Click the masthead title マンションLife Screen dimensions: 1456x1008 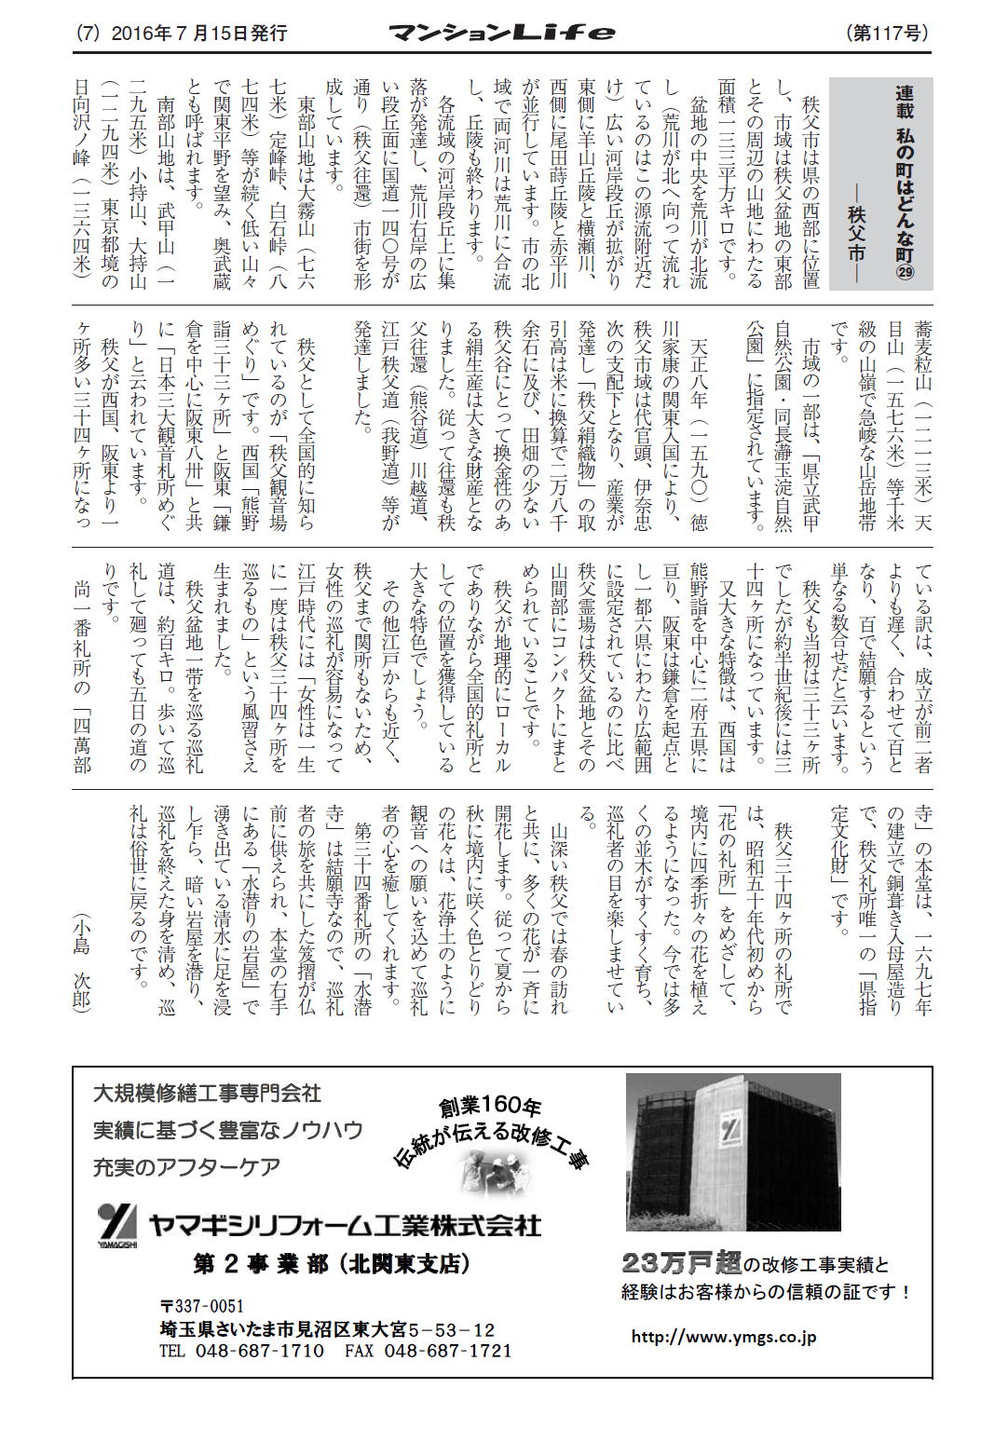pyautogui.click(x=502, y=34)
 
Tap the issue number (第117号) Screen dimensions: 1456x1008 pyautogui.click(x=888, y=34)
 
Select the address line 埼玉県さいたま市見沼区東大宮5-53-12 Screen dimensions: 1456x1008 pyautogui.click(x=327, y=1329)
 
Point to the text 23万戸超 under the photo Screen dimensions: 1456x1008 pyautogui.click(x=682, y=1264)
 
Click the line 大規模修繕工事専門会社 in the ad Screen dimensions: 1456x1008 pyautogui.click(x=207, y=1092)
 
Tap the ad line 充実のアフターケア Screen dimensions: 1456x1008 pyautogui.click(x=186, y=1166)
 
